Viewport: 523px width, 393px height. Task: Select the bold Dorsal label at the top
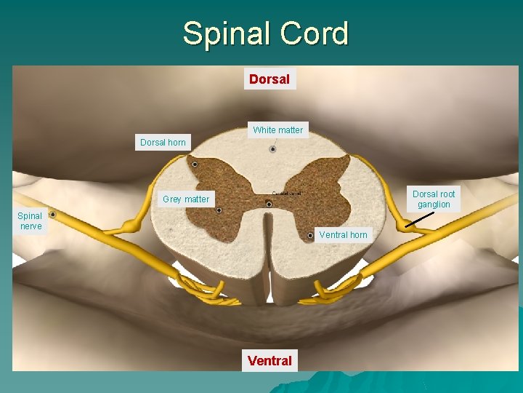[x=269, y=79]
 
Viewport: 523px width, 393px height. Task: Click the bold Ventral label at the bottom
[x=269, y=360]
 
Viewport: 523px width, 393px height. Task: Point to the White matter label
[x=278, y=130]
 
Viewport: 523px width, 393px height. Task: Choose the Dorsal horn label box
[x=163, y=143]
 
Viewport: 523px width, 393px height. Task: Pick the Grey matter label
[x=186, y=199]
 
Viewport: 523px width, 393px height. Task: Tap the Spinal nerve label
[x=30, y=221]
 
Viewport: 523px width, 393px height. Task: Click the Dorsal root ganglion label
[x=434, y=199]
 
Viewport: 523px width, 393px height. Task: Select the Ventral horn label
[x=344, y=234]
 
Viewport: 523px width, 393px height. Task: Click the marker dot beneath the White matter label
[x=273, y=149]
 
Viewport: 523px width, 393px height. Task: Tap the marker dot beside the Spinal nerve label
[x=52, y=215]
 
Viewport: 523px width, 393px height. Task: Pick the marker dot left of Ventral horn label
[x=310, y=236]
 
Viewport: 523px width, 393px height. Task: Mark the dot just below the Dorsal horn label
[x=195, y=164]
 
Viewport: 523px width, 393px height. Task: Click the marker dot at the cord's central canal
[x=269, y=205]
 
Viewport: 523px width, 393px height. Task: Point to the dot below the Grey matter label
[x=219, y=210]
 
